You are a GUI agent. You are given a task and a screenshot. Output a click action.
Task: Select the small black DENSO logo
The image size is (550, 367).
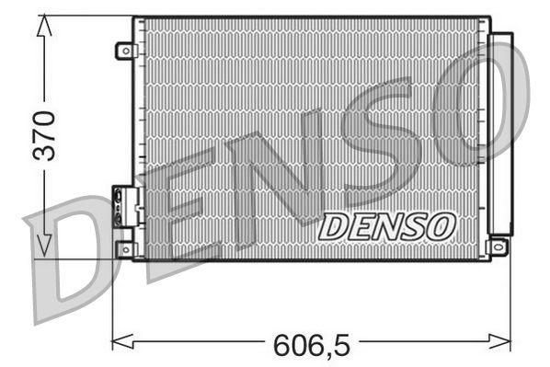pos(385,224)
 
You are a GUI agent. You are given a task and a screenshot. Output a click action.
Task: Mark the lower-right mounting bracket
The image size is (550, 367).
pos(498,247)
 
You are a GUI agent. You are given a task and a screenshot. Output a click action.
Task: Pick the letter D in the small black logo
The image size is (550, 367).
pos(334,225)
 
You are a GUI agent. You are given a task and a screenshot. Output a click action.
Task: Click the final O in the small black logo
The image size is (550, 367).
pos(439,224)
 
